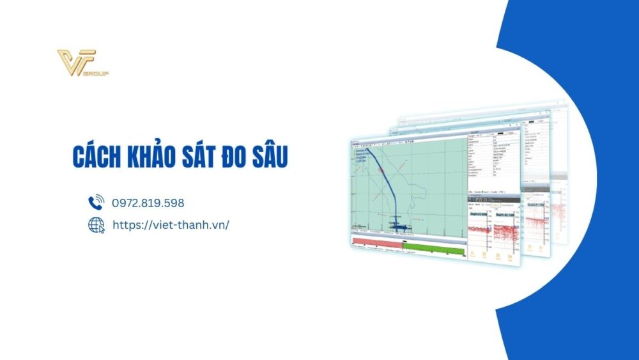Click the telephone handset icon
[96, 203]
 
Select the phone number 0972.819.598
[148, 203]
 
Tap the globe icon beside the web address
[96, 224]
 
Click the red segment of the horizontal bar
[377, 244]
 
